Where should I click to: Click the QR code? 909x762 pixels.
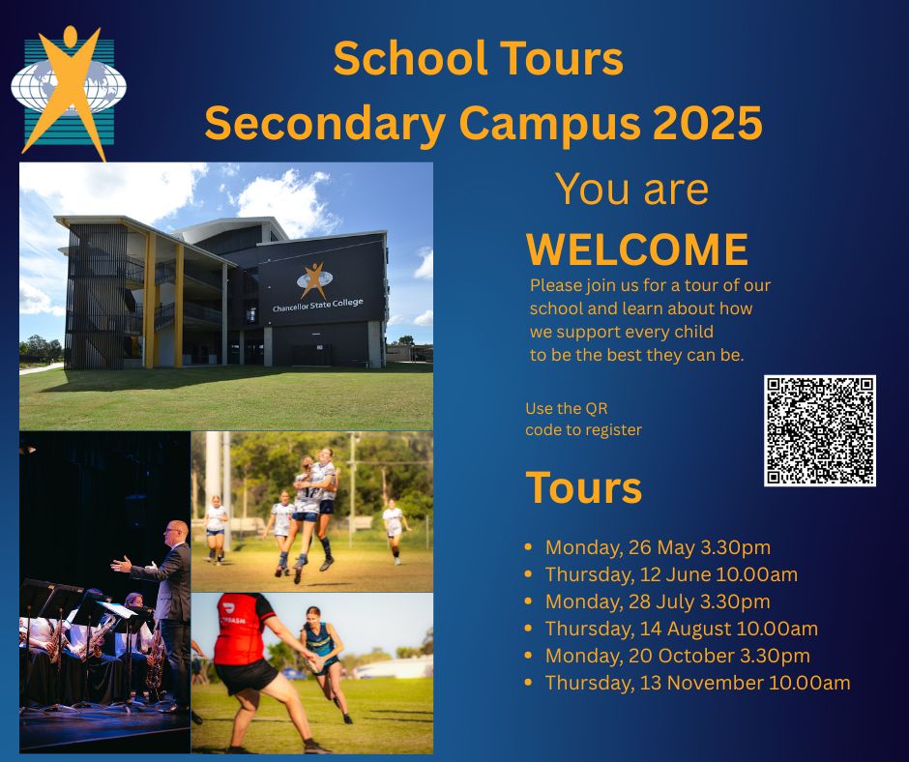point(820,430)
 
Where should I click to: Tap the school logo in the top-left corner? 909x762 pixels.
point(69,93)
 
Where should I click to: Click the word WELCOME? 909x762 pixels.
point(637,249)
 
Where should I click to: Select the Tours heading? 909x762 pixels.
point(584,487)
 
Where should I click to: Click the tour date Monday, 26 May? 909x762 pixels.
point(658,547)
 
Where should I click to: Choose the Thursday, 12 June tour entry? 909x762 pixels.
point(671,574)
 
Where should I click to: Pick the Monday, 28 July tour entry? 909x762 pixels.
point(658,601)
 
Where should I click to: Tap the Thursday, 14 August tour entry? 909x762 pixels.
point(682,629)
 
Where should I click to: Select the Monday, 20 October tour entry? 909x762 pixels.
point(678,656)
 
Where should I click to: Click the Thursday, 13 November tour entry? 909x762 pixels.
point(698,683)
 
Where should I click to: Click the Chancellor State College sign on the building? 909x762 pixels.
point(318,305)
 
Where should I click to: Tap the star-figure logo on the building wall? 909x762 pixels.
point(314,280)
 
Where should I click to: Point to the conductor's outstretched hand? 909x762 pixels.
point(121,563)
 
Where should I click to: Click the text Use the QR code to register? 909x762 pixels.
point(583,420)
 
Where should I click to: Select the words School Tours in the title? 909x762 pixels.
point(479,59)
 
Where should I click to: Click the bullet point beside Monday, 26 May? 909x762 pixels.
point(528,547)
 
